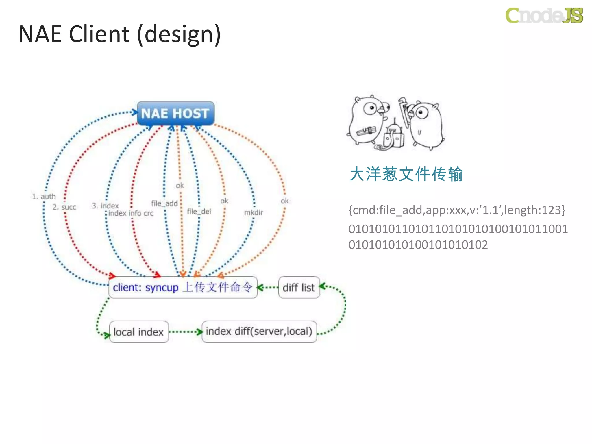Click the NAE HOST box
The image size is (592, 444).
point(175,113)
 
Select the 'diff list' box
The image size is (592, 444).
point(299,287)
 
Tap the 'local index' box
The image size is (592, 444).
point(139,332)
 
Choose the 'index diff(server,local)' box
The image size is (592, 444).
point(259,331)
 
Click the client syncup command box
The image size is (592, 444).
point(183,287)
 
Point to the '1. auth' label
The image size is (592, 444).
point(44,197)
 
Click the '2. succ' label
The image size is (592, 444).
point(64,207)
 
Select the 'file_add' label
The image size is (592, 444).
point(164,203)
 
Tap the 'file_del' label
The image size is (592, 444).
point(199,211)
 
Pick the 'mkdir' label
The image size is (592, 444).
point(253,212)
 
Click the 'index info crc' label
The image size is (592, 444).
point(131,213)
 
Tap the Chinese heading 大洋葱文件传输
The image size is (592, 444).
point(406,174)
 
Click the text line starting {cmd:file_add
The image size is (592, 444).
point(457,210)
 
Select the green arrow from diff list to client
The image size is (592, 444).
point(268,288)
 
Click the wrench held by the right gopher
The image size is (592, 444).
point(404,111)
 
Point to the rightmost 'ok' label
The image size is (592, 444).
point(284,201)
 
